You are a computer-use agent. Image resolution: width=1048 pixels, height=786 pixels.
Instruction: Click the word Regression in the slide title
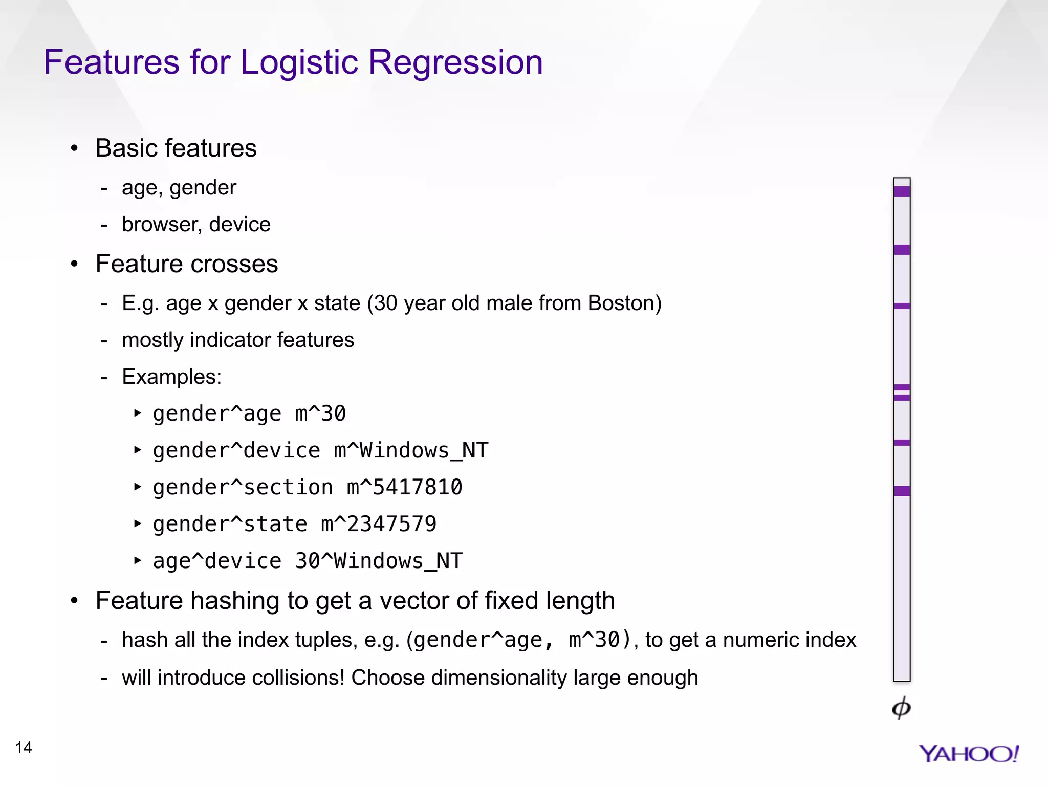455,62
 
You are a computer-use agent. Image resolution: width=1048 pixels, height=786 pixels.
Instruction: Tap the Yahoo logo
968,754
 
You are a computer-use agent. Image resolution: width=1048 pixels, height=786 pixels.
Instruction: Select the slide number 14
24,748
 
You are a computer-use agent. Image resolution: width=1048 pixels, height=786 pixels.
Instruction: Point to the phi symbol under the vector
901,708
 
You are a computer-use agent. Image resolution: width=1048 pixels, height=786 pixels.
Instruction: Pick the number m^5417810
404,487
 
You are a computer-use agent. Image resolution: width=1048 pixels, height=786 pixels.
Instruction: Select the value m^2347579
379,524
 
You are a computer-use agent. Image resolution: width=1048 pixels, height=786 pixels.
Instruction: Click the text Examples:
171,377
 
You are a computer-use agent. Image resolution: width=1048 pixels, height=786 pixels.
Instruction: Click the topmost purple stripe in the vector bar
902,191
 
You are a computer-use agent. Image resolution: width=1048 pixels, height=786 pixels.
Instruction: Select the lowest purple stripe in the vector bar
902,491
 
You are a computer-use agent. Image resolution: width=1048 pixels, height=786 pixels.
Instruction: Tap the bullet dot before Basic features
75,148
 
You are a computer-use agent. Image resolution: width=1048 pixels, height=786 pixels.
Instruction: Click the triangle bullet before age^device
137,560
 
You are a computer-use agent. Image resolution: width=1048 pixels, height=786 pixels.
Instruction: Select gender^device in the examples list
236,450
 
